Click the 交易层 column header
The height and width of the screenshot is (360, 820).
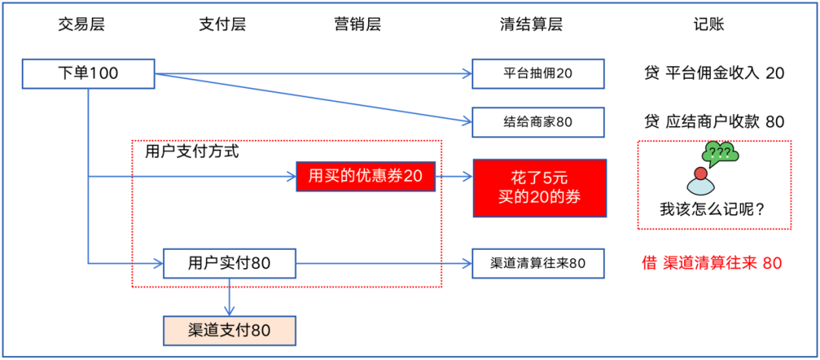pyautogui.click(x=81, y=24)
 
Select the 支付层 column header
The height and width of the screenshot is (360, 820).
pyautogui.click(x=222, y=24)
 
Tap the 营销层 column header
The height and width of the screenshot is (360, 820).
pyautogui.click(x=357, y=24)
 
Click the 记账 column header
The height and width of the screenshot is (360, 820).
pyautogui.click(x=709, y=24)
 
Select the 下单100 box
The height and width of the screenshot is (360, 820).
pyautogui.click(x=88, y=74)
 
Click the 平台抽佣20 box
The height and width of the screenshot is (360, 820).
pyautogui.click(x=538, y=74)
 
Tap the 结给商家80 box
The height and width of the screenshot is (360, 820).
pyautogui.click(x=538, y=122)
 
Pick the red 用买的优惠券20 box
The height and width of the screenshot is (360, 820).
pyautogui.click(x=365, y=177)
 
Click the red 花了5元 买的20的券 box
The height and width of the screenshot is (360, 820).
pyautogui.click(x=539, y=188)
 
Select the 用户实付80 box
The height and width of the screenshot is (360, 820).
pyautogui.click(x=229, y=264)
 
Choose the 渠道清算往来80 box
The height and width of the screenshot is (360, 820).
pyautogui.click(x=538, y=264)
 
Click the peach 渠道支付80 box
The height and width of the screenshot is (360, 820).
pyautogui.click(x=229, y=330)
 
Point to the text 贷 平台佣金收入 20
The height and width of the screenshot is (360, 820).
pyautogui.click(x=714, y=74)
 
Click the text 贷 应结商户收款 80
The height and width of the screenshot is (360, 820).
pyautogui.click(x=714, y=122)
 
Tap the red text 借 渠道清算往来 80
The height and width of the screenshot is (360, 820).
pyautogui.click(x=711, y=264)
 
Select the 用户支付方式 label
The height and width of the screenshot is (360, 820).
pyautogui.click(x=192, y=152)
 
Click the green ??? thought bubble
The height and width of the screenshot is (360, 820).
pyautogui.click(x=721, y=154)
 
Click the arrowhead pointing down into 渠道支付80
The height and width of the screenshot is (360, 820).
pyautogui.click(x=229, y=311)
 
